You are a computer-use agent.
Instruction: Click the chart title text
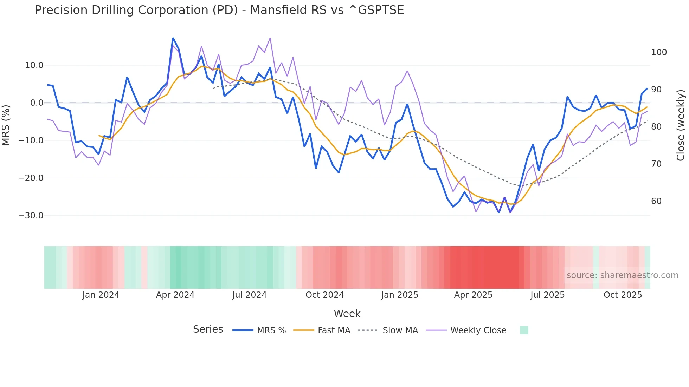tap(219, 10)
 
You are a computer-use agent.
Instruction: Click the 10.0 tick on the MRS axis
tap(34, 65)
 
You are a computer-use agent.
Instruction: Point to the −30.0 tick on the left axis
tap(31, 216)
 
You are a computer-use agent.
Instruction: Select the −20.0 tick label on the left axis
tap(31, 178)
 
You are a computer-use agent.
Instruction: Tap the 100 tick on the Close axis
tap(659, 52)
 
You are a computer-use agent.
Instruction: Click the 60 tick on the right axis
tap(656, 201)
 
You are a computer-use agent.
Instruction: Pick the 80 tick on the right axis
tap(656, 127)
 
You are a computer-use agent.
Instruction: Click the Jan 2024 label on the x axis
tap(101, 295)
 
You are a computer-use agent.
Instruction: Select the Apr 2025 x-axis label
tap(473, 295)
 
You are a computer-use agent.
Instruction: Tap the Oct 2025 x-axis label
tap(623, 295)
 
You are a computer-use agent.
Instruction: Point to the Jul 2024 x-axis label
tap(249, 295)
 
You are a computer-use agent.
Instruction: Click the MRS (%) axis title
tap(6, 125)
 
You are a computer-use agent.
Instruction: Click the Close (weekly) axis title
tap(681, 125)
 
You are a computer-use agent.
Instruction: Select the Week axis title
tap(347, 314)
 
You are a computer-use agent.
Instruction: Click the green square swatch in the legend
tap(524, 330)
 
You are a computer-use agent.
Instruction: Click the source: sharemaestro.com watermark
tap(622, 275)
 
